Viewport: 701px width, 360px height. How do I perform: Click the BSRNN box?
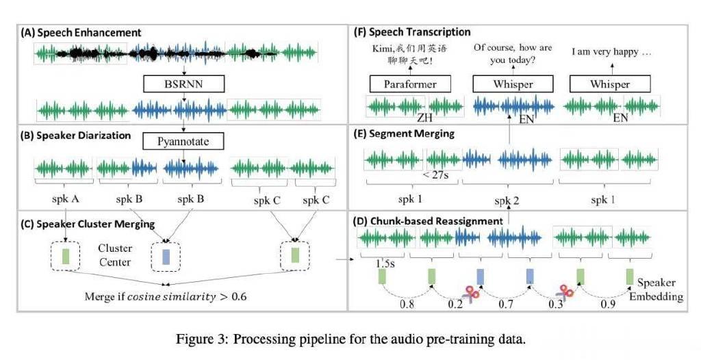[x=183, y=83]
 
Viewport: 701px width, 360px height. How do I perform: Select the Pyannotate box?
[x=183, y=141]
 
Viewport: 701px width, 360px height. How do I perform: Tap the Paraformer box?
[x=410, y=84]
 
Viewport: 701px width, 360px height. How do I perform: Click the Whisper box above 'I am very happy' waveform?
[x=610, y=84]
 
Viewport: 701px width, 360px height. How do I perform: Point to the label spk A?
[x=65, y=199]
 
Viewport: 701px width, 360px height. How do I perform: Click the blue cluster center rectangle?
[x=166, y=257]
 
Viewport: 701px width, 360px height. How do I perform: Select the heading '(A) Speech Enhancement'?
[x=81, y=33]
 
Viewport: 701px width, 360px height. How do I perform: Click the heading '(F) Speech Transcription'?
[x=411, y=32]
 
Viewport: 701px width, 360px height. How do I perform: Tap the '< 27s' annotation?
[x=435, y=175]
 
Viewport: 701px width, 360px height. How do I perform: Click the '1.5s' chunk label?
[x=385, y=263]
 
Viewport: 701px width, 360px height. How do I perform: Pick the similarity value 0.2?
[x=455, y=304]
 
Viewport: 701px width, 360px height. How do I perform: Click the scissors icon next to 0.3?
[x=564, y=292]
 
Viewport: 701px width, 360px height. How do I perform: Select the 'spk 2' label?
[x=507, y=201]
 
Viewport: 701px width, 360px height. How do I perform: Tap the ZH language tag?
[x=425, y=118]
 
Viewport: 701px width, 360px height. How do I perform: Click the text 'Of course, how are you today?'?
[x=513, y=53]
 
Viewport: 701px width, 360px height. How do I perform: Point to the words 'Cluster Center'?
[x=115, y=255]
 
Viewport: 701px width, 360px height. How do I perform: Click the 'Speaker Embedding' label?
[x=657, y=290]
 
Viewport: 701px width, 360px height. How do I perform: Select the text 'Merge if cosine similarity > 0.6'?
[x=166, y=296]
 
